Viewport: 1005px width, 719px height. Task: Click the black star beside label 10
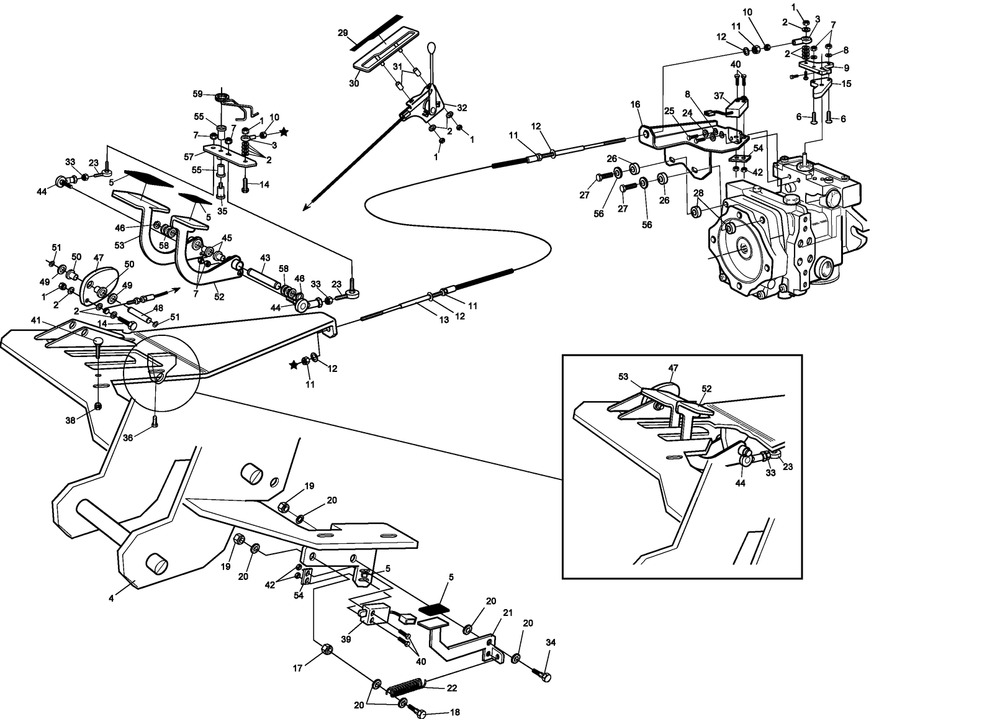coord(284,132)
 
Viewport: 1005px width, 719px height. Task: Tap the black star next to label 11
coord(293,365)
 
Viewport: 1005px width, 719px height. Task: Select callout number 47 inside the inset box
coord(673,368)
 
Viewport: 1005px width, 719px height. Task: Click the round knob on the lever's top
coord(433,49)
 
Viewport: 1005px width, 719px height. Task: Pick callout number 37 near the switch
coord(719,96)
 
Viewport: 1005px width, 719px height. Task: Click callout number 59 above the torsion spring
coord(198,95)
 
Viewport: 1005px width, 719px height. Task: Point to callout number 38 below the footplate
coord(71,420)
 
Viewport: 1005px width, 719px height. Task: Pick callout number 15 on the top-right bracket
coord(847,83)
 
